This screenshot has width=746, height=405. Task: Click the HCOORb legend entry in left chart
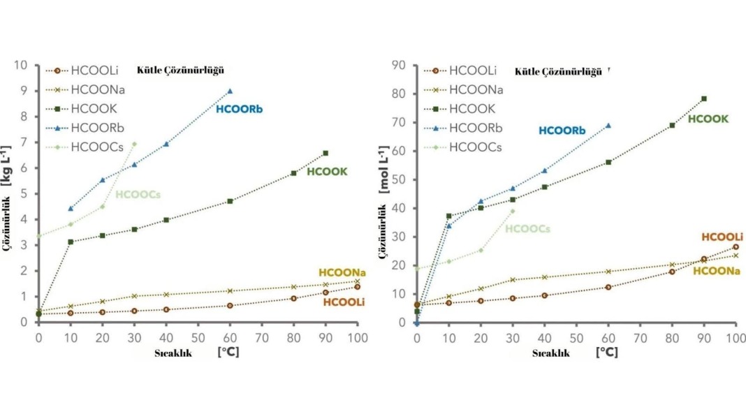(94, 128)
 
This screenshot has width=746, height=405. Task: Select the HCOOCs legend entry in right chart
(472, 147)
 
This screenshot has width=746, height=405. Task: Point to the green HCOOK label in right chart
(708, 119)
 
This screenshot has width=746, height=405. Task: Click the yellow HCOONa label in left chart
(342, 272)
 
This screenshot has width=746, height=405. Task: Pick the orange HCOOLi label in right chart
(722, 237)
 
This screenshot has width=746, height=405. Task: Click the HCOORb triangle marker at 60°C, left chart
(230, 91)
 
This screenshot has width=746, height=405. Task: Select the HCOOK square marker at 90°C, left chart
(326, 153)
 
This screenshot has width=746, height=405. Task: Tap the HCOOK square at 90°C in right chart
(703, 98)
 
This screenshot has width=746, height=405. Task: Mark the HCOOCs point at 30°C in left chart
(134, 144)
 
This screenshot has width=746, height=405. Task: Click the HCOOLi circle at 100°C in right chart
(736, 246)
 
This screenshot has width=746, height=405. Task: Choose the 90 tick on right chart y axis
(400, 66)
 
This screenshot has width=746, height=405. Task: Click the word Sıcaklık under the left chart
(173, 353)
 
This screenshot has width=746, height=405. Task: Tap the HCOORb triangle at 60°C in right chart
(608, 126)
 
